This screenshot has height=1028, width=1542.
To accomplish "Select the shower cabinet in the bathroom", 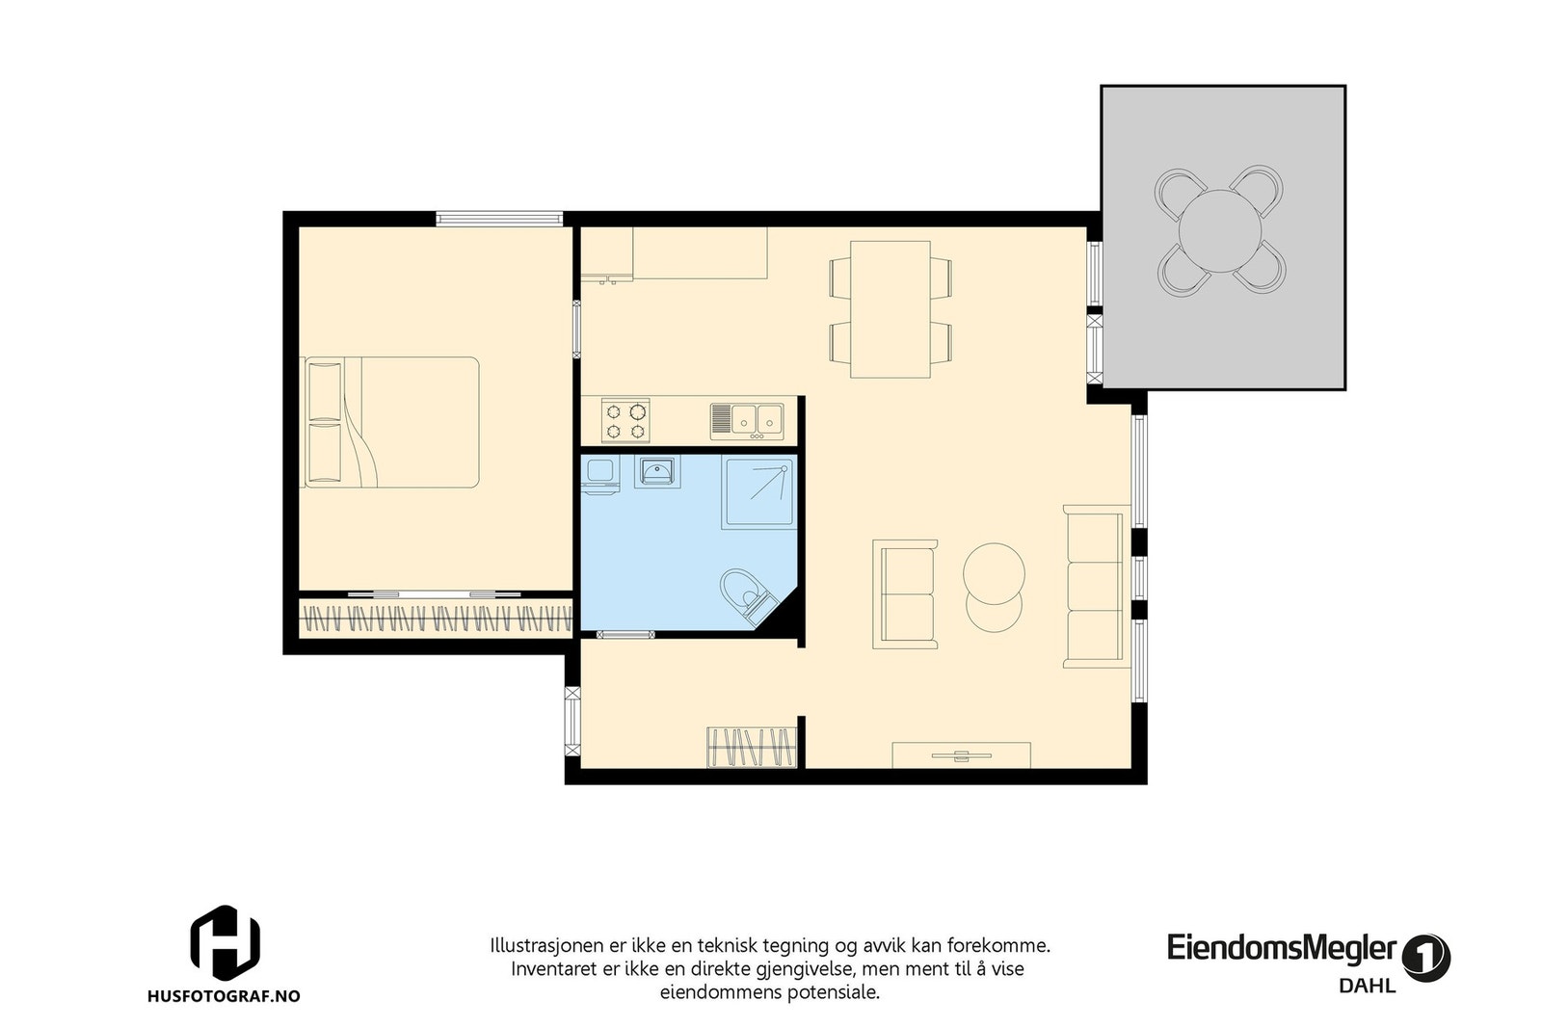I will (759, 492).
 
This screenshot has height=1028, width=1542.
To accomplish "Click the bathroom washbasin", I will (657, 472).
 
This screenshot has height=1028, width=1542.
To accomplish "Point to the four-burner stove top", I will (625, 421).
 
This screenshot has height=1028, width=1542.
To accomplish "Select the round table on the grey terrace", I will (1220, 230).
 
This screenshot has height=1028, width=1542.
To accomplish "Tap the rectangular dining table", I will (890, 308).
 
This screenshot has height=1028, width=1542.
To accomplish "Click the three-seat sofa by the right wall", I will (1095, 586).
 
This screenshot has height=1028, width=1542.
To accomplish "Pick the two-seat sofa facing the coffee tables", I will (905, 593).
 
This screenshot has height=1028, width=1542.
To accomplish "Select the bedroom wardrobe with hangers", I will (436, 618).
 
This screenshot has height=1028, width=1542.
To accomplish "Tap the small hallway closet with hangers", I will (752, 748).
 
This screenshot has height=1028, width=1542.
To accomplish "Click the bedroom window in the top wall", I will (498, 219).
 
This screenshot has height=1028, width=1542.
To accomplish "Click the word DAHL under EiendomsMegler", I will (1367, 986).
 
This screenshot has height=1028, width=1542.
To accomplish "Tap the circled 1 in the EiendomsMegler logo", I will (1426, 958).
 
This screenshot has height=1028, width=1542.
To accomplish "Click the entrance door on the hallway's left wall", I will (572, 721).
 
